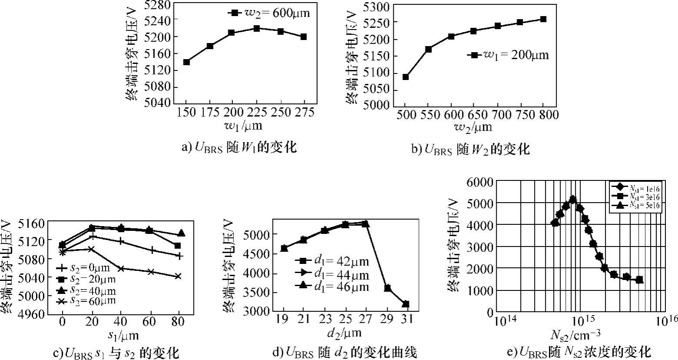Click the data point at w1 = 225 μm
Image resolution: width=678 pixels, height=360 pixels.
click(256, 29)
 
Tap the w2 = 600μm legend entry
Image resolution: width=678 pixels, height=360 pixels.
click(269, 13)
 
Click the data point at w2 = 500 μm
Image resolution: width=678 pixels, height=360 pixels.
click(405, 77)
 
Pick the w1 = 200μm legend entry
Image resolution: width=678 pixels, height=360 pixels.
click(508, 55)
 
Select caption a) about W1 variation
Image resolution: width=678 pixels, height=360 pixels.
click(239, 147)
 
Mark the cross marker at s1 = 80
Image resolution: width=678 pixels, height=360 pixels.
click(178, 277)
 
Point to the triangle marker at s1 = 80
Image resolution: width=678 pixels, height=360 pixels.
click(181, 233)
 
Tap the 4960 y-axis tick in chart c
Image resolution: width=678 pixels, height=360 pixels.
click(30, 314)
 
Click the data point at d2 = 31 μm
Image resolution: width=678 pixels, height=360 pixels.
click(405, 304)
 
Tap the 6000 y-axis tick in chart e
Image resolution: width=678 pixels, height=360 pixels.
click(480, 182)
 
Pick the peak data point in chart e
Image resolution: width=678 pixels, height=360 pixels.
click(573, 199)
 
